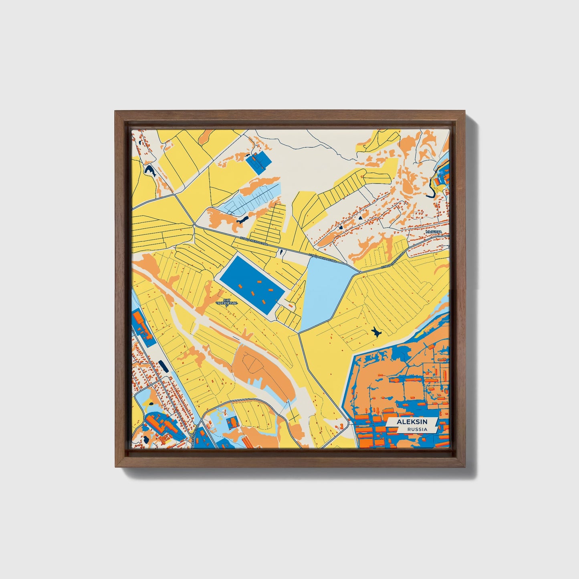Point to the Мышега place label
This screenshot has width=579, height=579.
click(x=433, y=232)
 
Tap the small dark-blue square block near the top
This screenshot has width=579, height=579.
click(x=258, y=162)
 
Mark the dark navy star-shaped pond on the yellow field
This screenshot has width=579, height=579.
click(x=375, y=332)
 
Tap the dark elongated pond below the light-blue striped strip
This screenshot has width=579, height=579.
click(x=242, y=220)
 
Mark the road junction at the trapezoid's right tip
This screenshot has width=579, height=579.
click(x=359, y=272)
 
